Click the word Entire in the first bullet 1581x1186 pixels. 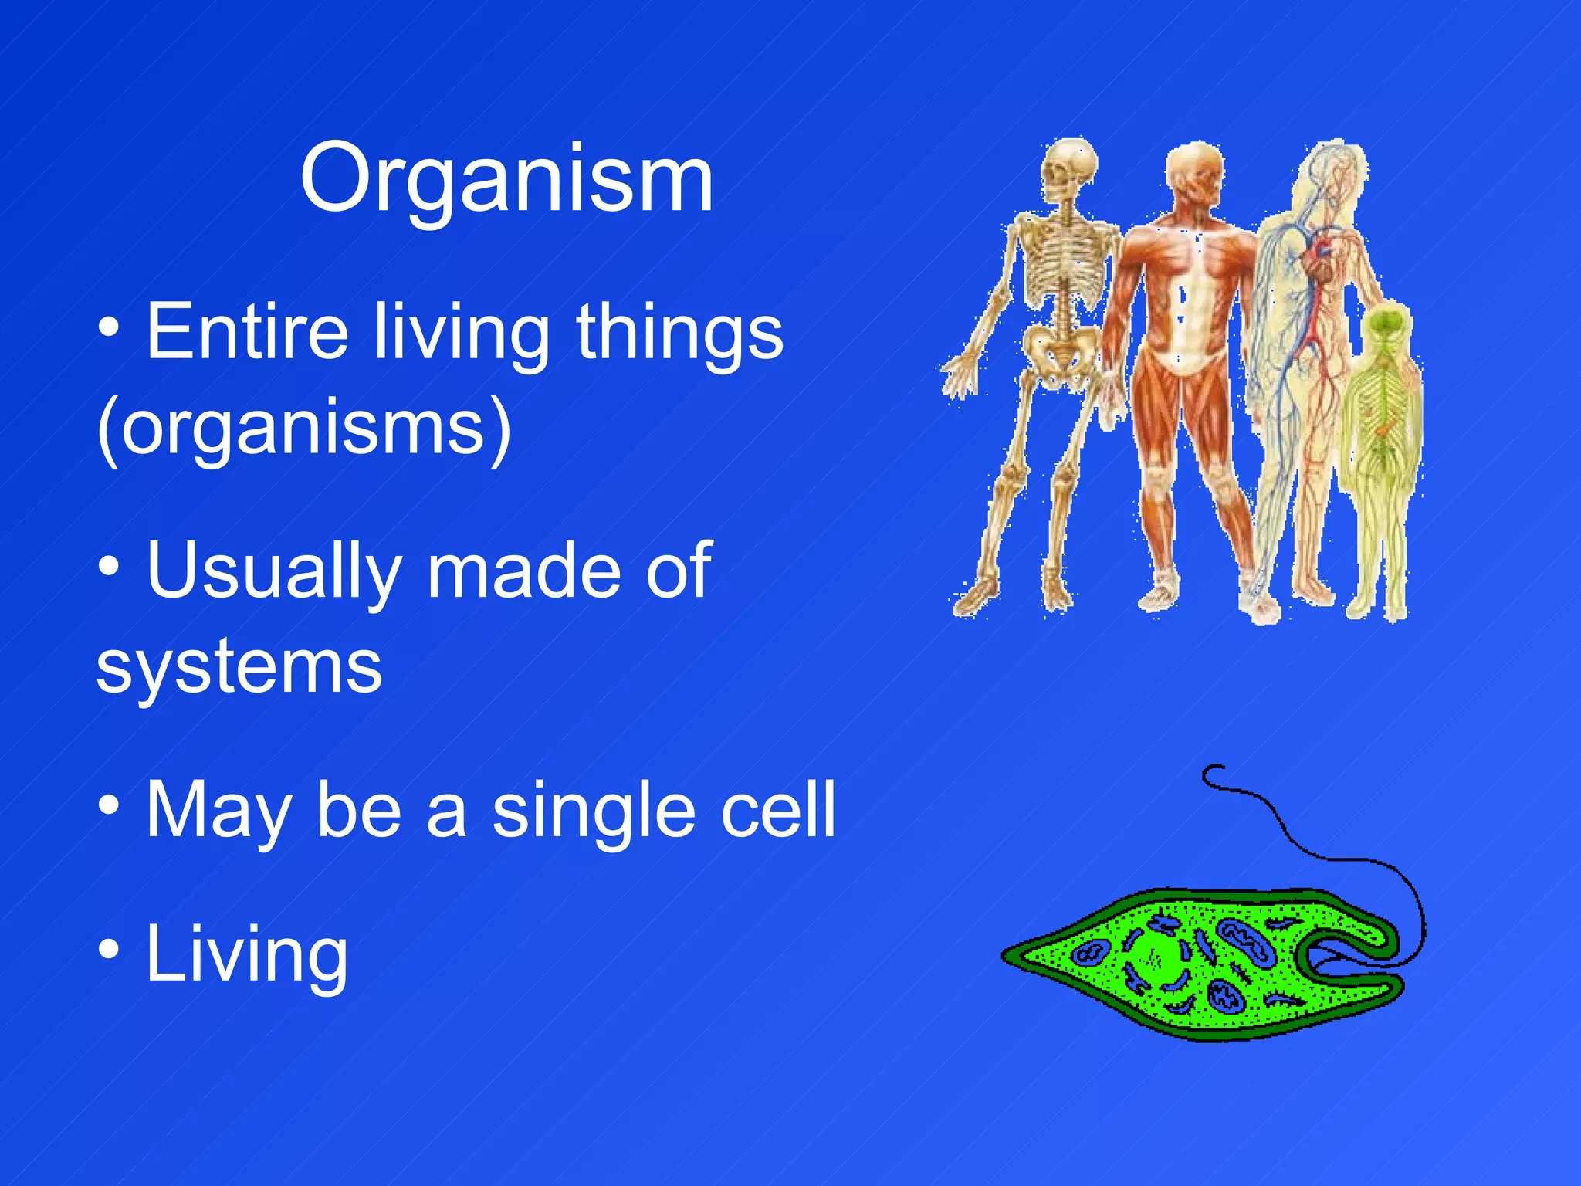(247, 332)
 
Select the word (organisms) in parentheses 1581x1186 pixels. (304, 429)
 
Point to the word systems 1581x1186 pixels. (239, 667)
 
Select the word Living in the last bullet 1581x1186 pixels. (247, 956)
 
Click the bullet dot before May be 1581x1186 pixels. (109, 805)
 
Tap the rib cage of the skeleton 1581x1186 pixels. (1063, 266)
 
